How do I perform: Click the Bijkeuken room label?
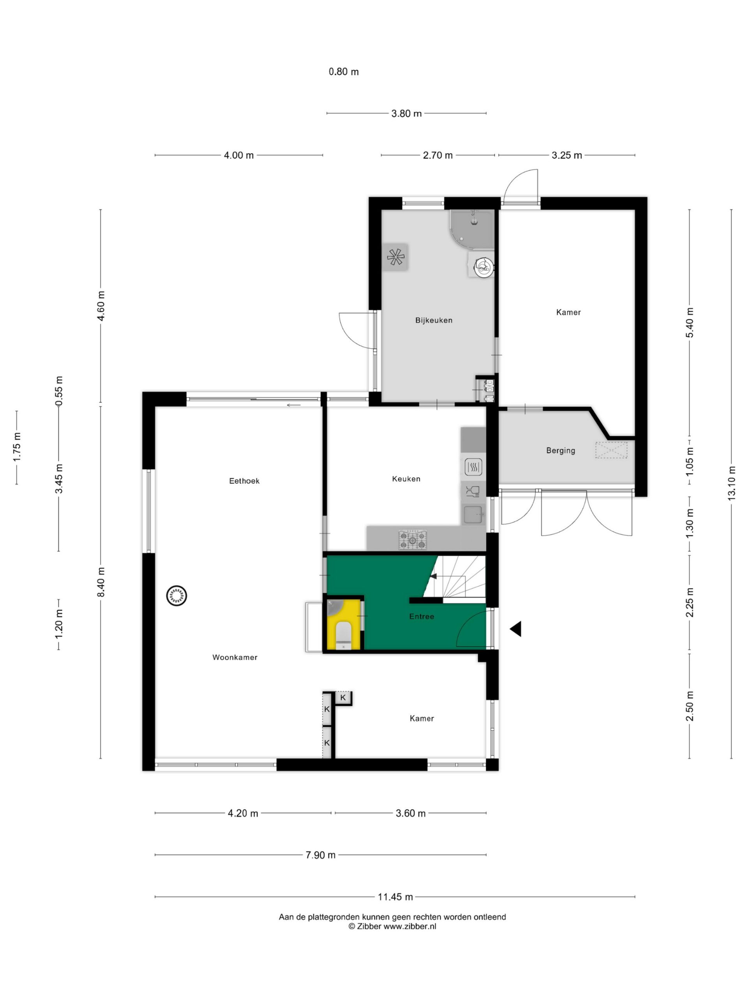coord(433,321)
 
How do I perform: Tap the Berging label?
coord(561,450)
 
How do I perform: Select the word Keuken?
coord(406,479)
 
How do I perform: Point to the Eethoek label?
coord(244,481)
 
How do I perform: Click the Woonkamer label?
coord(235,657)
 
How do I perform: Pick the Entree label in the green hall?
coord(422,616)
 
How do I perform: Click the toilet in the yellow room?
coord(344,635)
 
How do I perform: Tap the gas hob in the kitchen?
coord(412,539)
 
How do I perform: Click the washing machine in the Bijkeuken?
coord(482,265)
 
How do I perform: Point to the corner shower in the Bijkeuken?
coord(472,229)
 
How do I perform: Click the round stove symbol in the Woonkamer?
coord(176,596)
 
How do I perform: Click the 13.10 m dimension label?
coord(731,483)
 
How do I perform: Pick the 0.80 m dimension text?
coord(344,72)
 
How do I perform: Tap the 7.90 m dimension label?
coord(320,854)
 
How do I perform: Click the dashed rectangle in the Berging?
coord(611,450)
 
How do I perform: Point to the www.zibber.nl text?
coord(409,926)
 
